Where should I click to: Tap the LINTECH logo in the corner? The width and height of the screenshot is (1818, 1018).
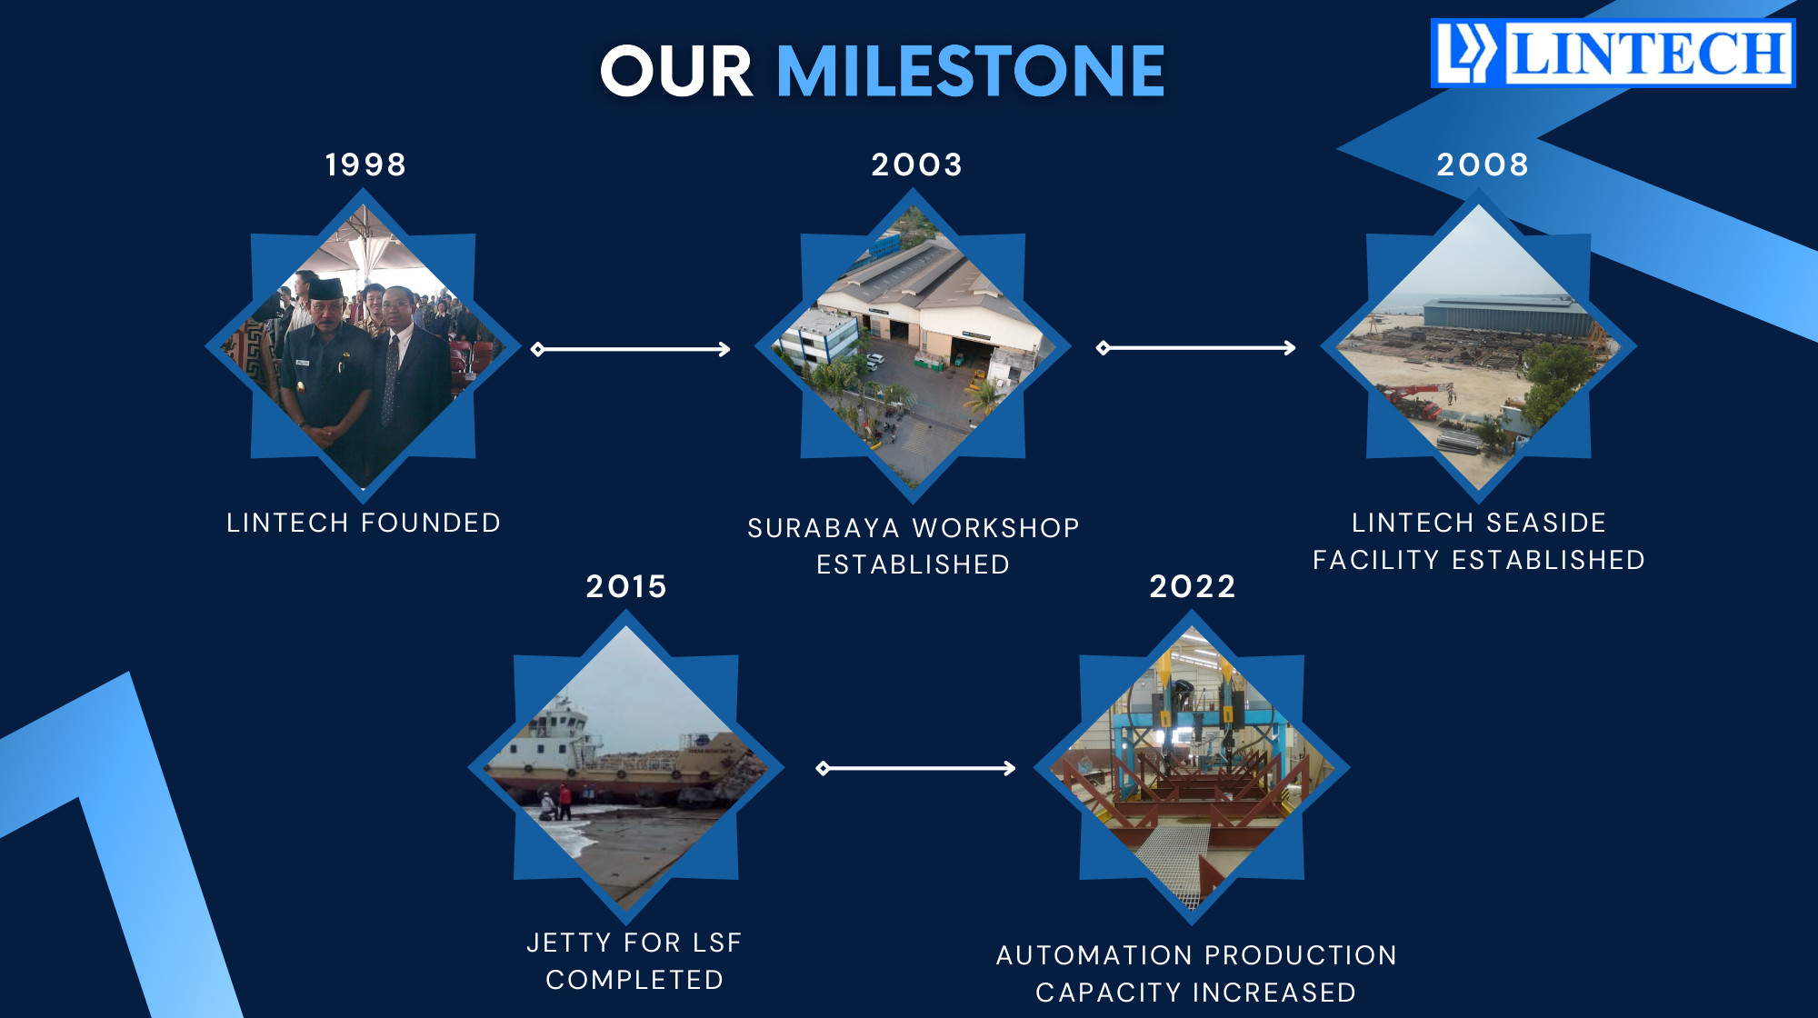(x=1613, y=53)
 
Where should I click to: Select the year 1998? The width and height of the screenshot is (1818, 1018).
(x=365, y=165)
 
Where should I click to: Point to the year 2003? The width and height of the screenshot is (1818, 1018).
(x=916, y=165)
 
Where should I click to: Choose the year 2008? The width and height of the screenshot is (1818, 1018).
(x=1483, y=165)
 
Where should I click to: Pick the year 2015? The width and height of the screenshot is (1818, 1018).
(x=626, y=586)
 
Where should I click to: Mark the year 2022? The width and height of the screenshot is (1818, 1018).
(x=1193, y=586)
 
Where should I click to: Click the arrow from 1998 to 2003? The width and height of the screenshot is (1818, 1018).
(x=631, y=349)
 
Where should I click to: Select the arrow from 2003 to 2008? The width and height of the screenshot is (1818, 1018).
(x=1196, y=347)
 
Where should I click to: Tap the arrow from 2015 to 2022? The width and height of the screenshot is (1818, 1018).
(x=916, y=768)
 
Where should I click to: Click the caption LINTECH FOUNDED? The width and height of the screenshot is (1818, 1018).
(x=364, y=523)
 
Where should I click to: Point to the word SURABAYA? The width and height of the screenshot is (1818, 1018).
(x=824, y=528)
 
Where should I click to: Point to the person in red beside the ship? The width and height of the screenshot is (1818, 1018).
(x=564, y=802)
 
